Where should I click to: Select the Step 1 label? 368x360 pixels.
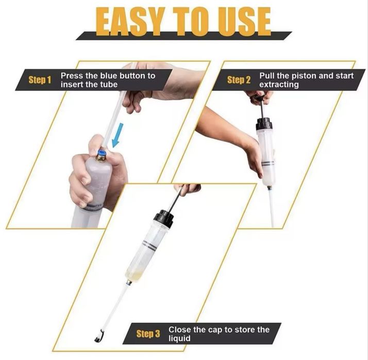(40, 80)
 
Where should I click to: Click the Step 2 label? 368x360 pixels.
(239, 80)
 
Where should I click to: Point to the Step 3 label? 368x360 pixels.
(148, 334)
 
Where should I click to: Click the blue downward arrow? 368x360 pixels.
(118, 135)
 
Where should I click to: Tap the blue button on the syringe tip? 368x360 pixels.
(102, 153)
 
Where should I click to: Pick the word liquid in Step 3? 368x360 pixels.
(179, 339)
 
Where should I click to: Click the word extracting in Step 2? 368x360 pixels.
(279, 84)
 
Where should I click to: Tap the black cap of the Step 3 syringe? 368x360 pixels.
(163, 216)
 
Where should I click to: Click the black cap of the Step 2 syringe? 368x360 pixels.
(264, 123)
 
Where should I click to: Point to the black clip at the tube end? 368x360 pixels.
(99, 336)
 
